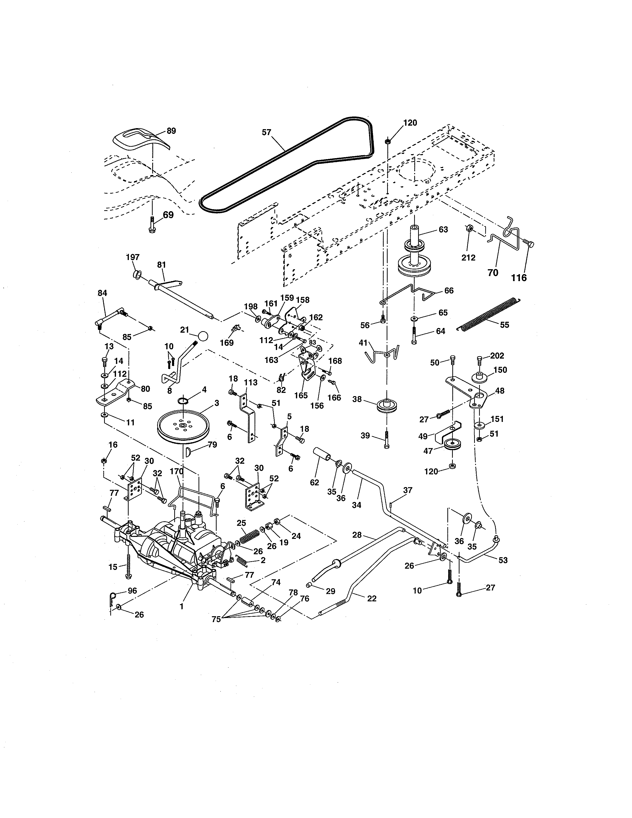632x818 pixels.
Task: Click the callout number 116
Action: point(519,278)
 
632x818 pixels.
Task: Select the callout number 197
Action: point(133,257)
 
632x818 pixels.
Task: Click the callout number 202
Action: point(497,356)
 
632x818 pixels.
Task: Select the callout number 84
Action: point(102,293)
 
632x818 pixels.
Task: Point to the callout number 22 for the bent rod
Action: point(372,599)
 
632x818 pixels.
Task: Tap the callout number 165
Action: point(301,396)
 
